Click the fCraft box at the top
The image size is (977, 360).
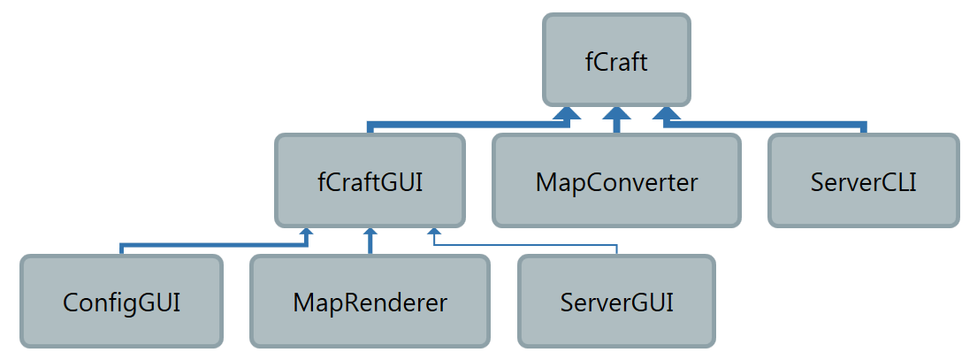[616, 60]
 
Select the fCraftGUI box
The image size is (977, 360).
[370, 180]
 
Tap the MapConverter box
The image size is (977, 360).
[616, 180]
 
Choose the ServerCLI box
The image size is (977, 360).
[864, 180]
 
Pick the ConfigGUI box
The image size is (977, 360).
[121, 301]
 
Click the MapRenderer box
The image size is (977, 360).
[370, 301]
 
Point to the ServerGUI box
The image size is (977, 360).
[616, 301]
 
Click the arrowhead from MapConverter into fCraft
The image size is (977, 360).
[616, 112]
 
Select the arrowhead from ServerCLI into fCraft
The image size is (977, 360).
[667, 112]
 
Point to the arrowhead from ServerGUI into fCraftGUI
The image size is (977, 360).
[434, 231]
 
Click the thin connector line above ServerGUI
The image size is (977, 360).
[525, 245]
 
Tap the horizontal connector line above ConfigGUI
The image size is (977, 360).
[214, 245]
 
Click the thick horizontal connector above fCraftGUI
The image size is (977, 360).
[469, 126]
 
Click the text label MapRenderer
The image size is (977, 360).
[370, 303]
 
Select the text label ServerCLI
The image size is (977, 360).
[864, 182]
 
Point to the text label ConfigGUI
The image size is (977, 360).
[121, 303]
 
